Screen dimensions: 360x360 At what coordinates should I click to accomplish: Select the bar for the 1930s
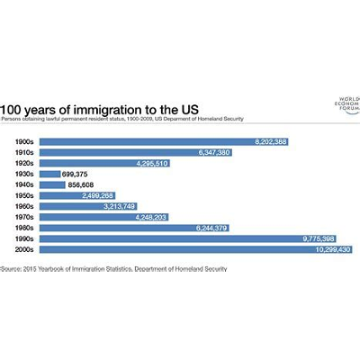tap(49, 174)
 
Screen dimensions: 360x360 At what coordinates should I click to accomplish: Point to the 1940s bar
tap(52, 184)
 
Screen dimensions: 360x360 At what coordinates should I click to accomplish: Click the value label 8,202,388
tap(267, 141)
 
